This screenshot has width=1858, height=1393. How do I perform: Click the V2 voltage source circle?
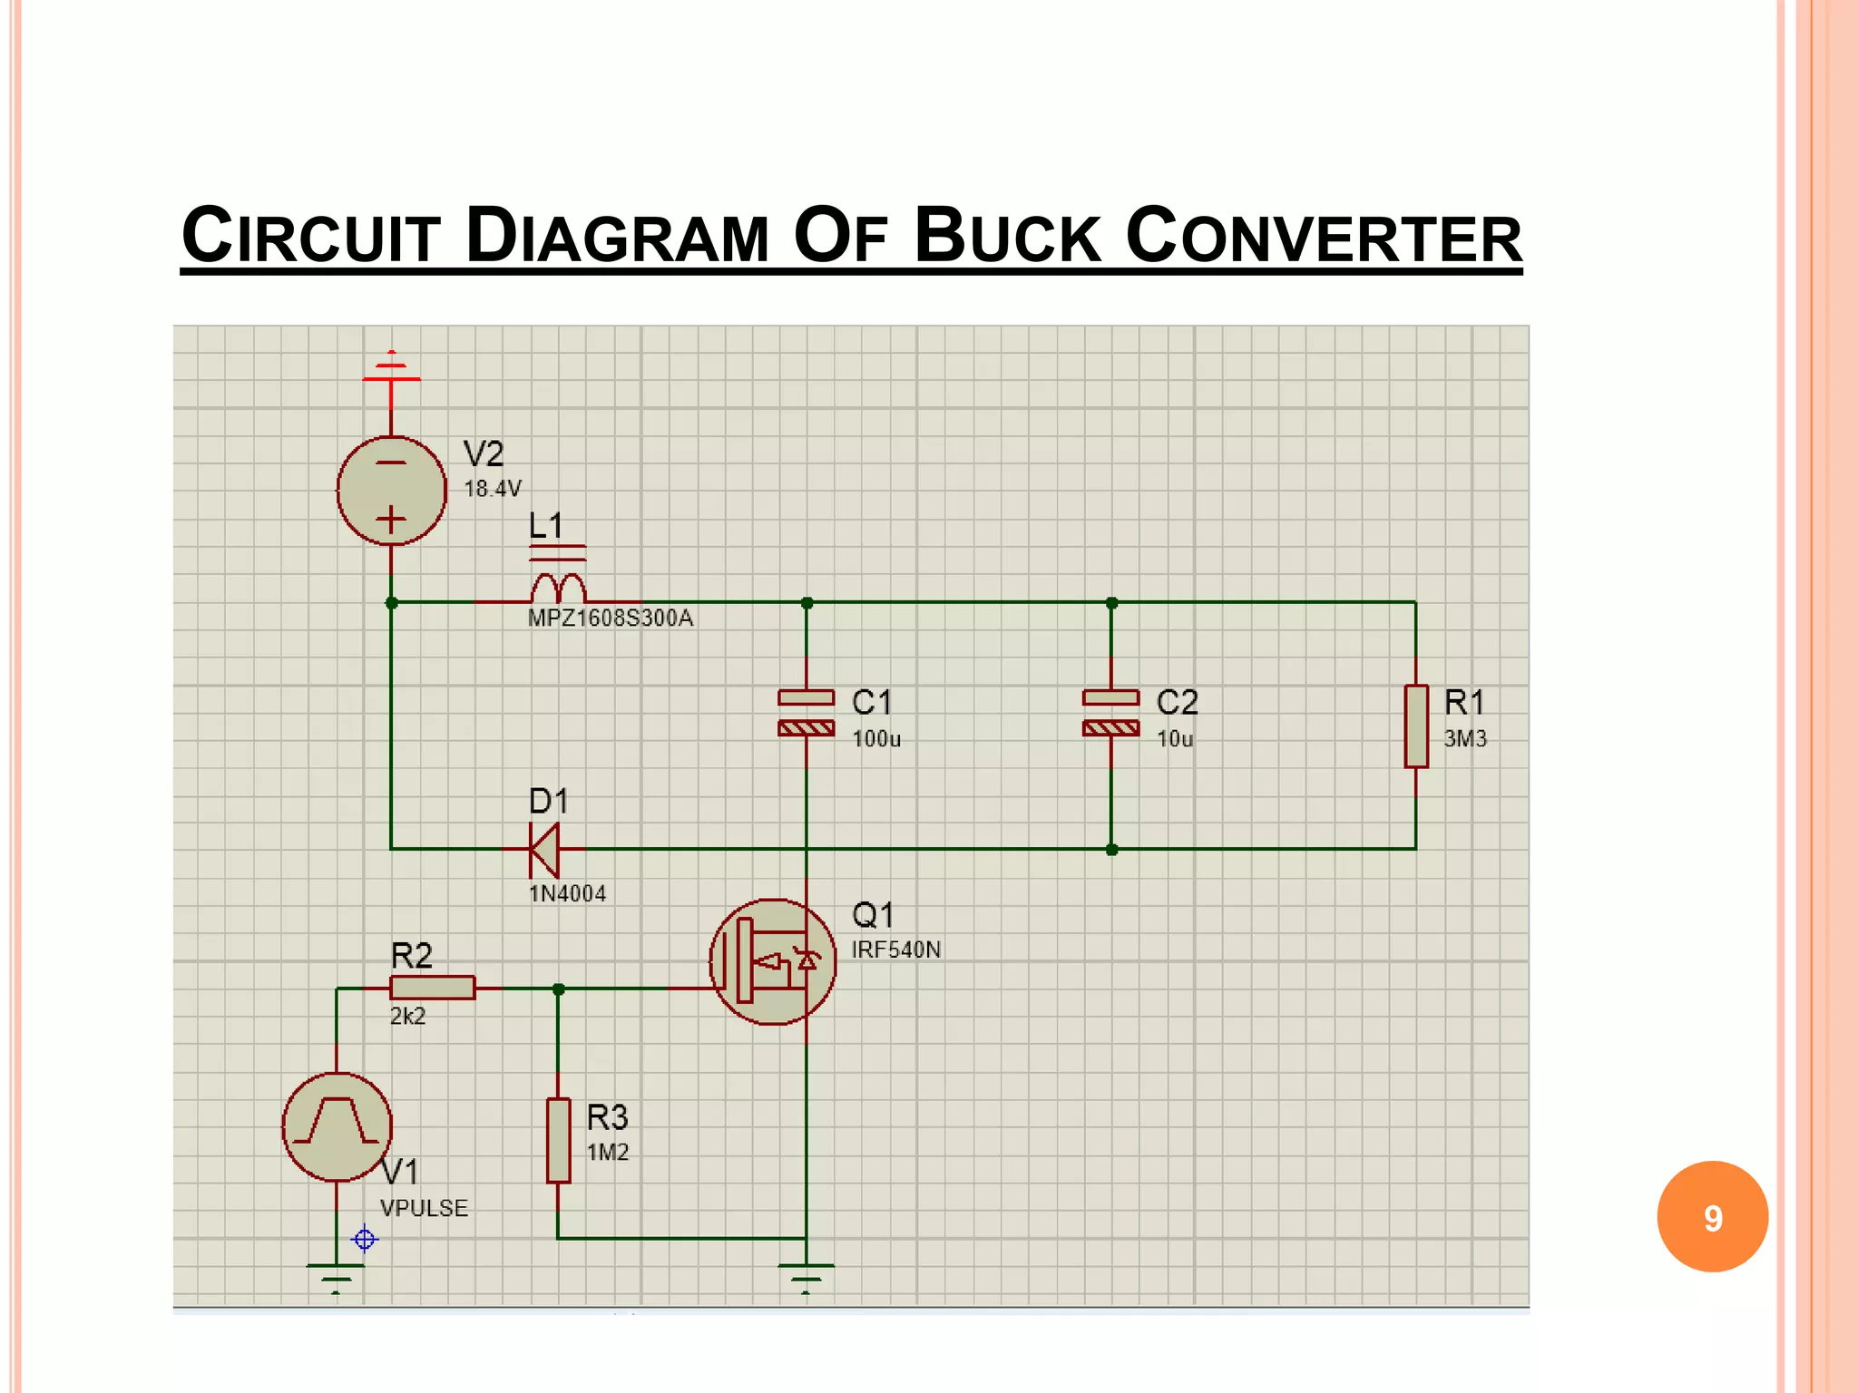pyautogui.click(x=391, y=491)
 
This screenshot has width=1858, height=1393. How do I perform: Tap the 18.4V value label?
pyautogui.click(x=493, y=489)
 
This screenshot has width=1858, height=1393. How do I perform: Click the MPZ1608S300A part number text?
pyautogui.click(x=611, y=619)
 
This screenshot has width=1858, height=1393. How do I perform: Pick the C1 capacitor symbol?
pyautogui.click(x=806, y=713)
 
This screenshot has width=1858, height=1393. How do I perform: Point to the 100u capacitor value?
pyautogui.click(x=876, y=739)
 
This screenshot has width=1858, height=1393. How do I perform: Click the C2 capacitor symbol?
pyautogui.click(x=1110, y=713)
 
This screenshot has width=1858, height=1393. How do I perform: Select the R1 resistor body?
pyautogui.click(x=1415, y=726)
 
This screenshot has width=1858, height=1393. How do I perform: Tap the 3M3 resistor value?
pyautogui.click(x=1465, y=739)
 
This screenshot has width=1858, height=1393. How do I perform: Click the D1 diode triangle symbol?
pyautogui.click(x=544, y=850)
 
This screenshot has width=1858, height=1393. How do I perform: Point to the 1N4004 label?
pyautogui.click(x=568, y=894)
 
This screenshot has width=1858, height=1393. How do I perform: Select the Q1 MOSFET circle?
pyautogui.click(x=772, y=961)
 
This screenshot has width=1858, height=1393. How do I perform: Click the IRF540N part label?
pyautogui.click(x=896, y=950)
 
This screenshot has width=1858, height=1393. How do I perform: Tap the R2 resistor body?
pyautogui.click(x=432, y=988)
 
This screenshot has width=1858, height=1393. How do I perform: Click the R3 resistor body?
pyautogui.click(x=558, y=1140)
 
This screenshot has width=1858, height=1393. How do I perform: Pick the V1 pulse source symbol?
pyautogui.click(x=337, y=1126)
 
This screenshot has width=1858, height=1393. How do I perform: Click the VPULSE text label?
pyautogui.click(x=424, y=1208)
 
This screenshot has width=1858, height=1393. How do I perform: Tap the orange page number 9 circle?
pyautogui.click(x=1712, y=1217)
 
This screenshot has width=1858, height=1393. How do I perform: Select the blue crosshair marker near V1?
pyautogui.click(x=364, y=1239)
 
